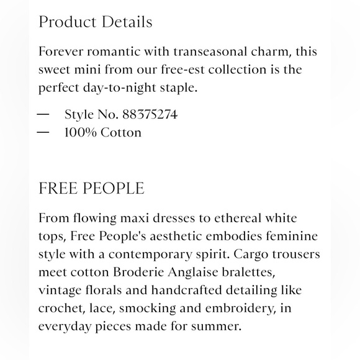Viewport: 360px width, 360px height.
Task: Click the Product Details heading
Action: coord(95,22)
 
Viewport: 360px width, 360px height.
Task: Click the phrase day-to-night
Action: coord(117,88)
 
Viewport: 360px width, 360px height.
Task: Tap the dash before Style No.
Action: coord(43,115)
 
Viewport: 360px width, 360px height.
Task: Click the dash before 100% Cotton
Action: coord(43,132)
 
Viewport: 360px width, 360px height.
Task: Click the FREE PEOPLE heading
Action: coord(91,188)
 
